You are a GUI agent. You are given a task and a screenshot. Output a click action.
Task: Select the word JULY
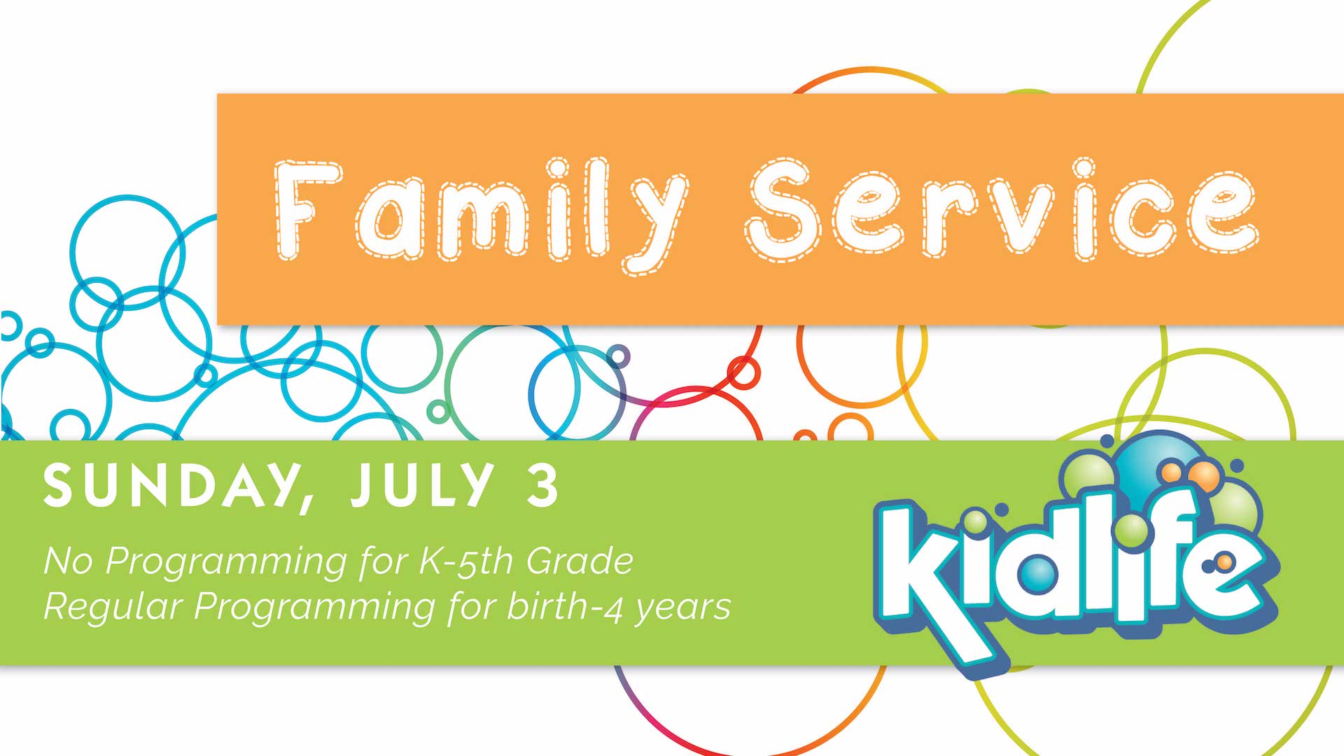[422, 484]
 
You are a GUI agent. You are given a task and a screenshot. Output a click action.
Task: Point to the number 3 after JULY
[543, 485]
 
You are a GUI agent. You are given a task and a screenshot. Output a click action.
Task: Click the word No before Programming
[68, 561]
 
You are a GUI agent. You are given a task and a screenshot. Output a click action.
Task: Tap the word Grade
[580, 561]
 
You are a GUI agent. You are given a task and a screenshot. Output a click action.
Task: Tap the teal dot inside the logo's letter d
[1036, 573]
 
